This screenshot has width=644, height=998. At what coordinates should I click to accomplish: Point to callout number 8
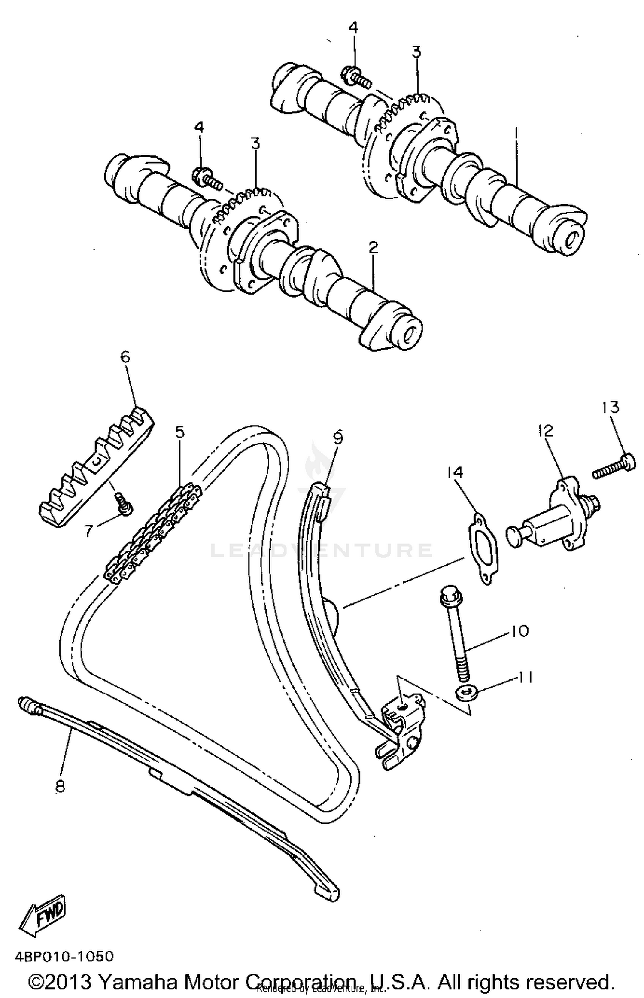pyautogui.click(x=60, y=786)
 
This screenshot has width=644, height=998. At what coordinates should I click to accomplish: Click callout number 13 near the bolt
pyautogui.click(x=611, y=407)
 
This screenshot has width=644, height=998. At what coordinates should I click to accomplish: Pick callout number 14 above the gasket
pyautogui.click(x=455, y=472)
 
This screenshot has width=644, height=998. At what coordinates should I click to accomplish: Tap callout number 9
pyautogui.click(x=338, y=438)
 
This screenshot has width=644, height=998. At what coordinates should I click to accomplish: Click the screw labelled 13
pyautogui.click(x=614, y=468)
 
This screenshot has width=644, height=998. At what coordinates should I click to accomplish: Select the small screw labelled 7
pyautogui.click(x=123, y=503)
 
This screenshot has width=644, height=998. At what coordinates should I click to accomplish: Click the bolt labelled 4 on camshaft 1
pyautogui.click(x=354, y=76)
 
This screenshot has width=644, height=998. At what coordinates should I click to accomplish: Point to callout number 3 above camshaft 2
pyautogui.click(x=255, y=143)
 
